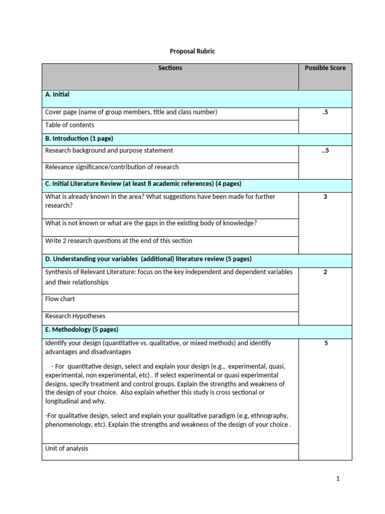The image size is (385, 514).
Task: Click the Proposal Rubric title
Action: pyautogui.click(x=192, y=51)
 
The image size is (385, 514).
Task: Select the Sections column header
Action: pyautogui.click(x=170, y=68)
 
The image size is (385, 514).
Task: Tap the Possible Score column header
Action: pyautogui.click(x=325, y=68)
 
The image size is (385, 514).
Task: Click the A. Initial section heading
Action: pyautogui.click(x=57, y=94)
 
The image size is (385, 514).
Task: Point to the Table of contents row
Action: pyautogui.click(x=70, y=125)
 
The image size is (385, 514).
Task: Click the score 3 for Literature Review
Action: pyautogui.click(x=325, y=197)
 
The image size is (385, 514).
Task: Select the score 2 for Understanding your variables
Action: pyautogui.click(x=325, y=272)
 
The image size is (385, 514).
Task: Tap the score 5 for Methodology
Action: pyautogui.click(x=325, y=343)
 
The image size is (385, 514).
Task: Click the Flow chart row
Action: pyautogui.click(x=60, y=299)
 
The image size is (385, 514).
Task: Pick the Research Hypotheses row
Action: pyautogui.click(x=75, y=316)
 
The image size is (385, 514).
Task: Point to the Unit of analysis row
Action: pyautogui.click(x=66, y=448)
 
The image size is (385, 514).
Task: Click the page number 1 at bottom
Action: pyautogui.click(x=338, y=479)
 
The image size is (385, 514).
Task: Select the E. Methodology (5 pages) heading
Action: pyautogui.click(x=82, y=330)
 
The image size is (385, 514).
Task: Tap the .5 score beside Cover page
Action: pyautogui.click(x=325, y=112)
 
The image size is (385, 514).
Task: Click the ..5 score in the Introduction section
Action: pyautogui.click(x=325, y=150)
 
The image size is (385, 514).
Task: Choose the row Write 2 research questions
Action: pyautogui.click(x=118, y=240)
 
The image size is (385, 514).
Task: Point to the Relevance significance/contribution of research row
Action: pyautogui.click(x=112, y=167)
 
